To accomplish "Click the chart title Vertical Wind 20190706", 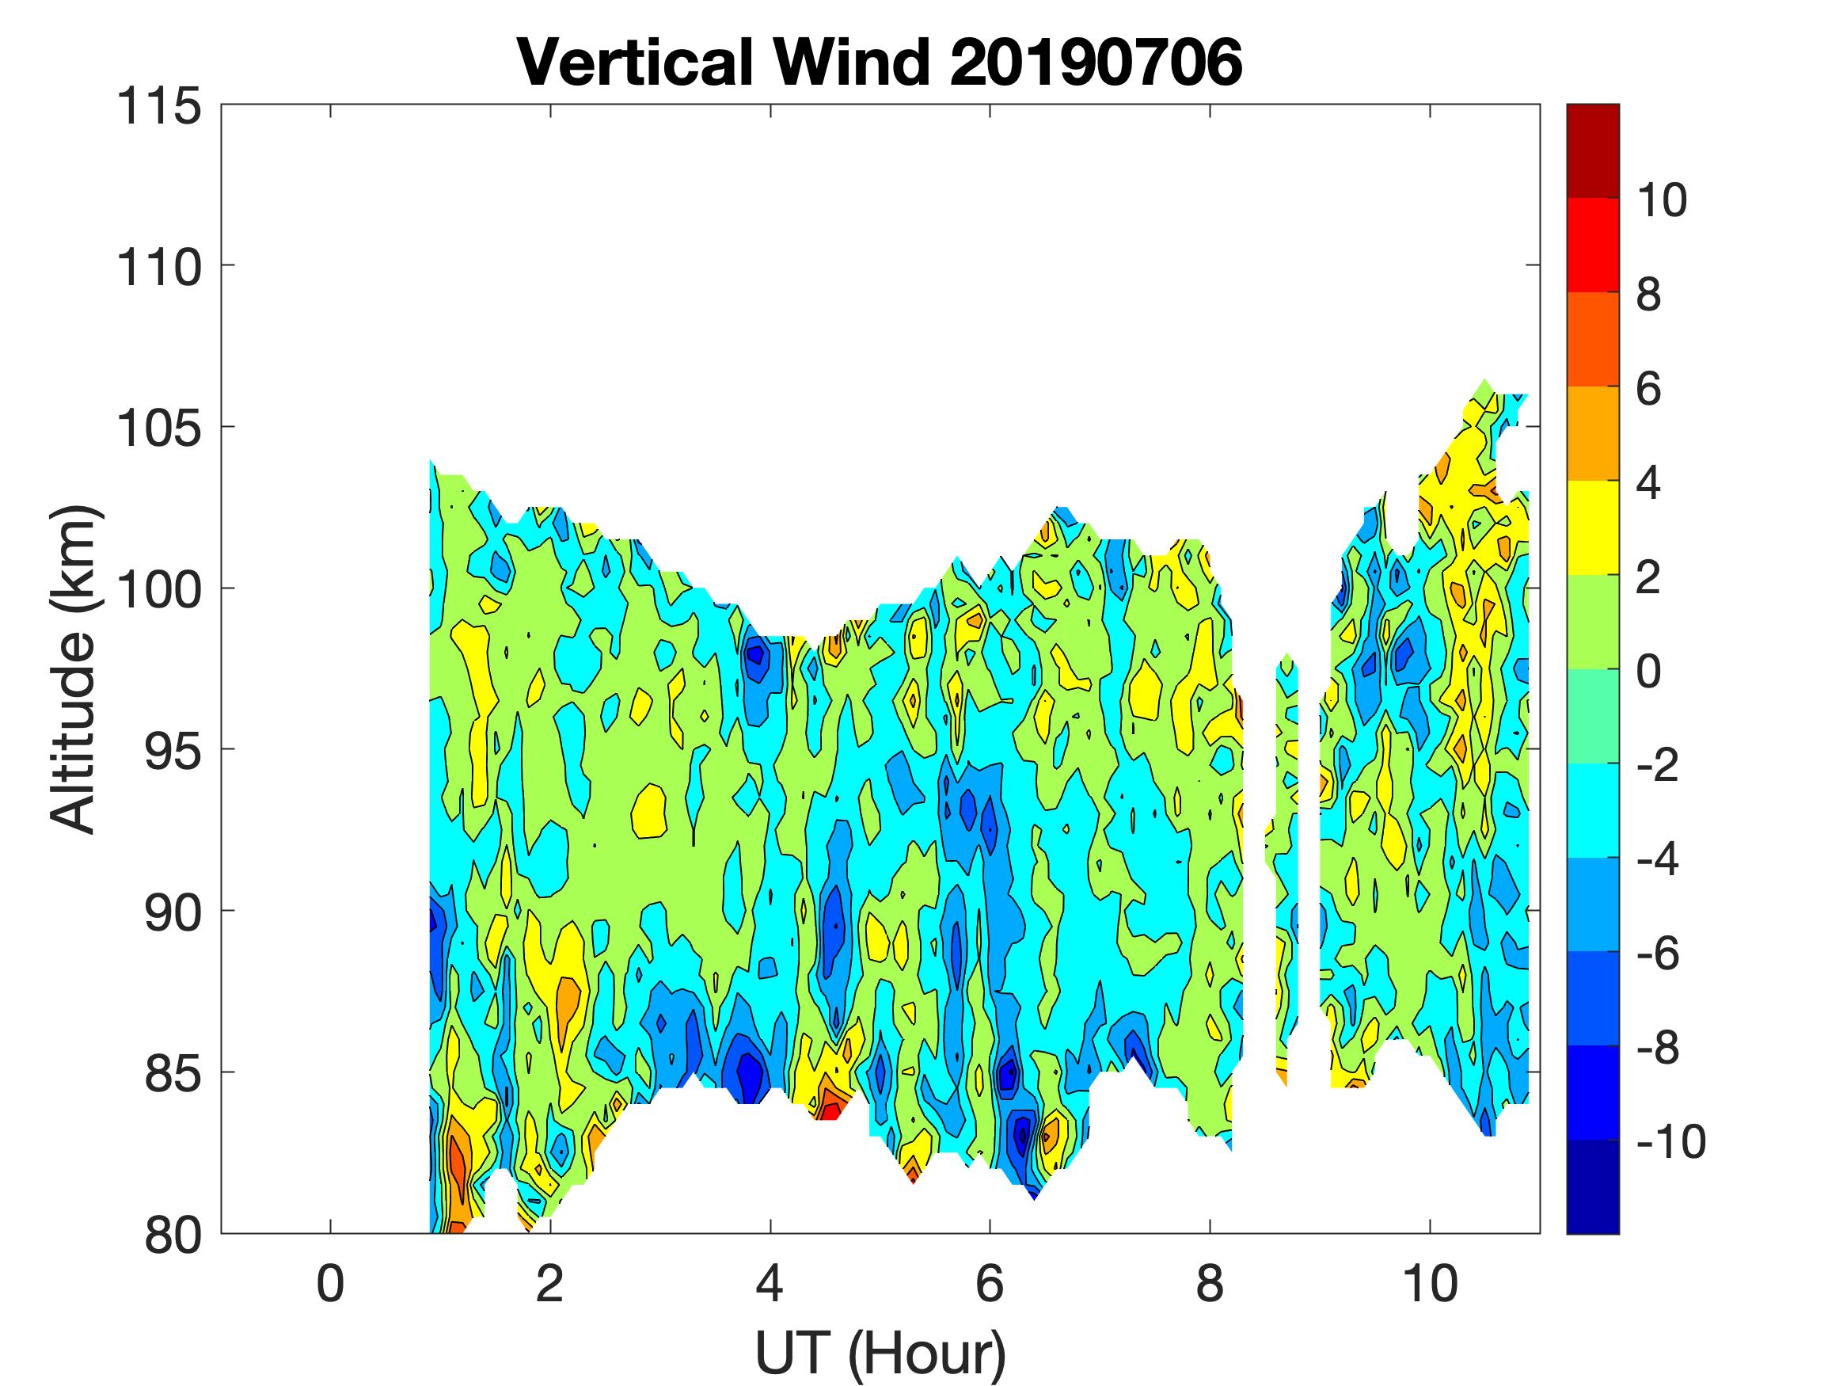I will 880,63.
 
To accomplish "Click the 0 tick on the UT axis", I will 331,1283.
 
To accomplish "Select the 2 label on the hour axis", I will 550,1283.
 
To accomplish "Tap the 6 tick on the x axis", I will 990,1283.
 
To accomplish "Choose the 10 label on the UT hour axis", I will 1430,1283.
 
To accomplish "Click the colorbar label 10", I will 1662,200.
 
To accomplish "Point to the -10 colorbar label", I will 1670,1141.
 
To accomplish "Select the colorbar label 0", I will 1648,671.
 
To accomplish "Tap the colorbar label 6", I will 1648,389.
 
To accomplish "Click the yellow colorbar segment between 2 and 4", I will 1592,528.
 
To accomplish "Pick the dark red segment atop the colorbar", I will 1592,150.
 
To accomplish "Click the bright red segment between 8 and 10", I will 1592,245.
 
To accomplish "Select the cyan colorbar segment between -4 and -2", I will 1592,810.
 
